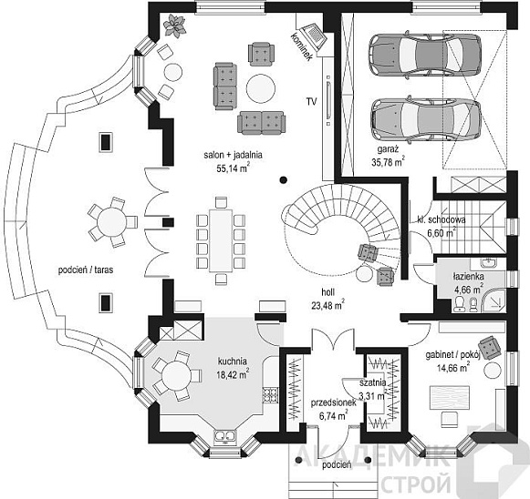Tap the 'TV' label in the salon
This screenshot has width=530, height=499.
coord(311,101)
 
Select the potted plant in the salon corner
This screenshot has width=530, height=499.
coord(175,25)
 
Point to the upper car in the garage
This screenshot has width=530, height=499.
coord(424,56)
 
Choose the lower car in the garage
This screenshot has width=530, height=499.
coord(425,119)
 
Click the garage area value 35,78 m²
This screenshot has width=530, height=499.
coord(388,161)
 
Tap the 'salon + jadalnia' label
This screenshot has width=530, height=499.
coord(233,155)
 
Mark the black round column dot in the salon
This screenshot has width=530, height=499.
coord(284,179)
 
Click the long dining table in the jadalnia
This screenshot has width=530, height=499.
coord(221,240)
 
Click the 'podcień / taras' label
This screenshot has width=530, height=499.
coord(86,270)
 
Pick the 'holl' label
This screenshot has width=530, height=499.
coord(328,292)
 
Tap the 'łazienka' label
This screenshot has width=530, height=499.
coord(468,277)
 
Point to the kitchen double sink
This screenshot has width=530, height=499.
coord(224,436)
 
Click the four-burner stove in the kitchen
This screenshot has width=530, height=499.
coord(270,395)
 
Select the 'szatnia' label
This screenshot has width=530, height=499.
coord(372,383)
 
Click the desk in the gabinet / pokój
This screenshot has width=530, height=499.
coord(449,398)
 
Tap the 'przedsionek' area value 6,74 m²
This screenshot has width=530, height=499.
coord(334,415)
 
